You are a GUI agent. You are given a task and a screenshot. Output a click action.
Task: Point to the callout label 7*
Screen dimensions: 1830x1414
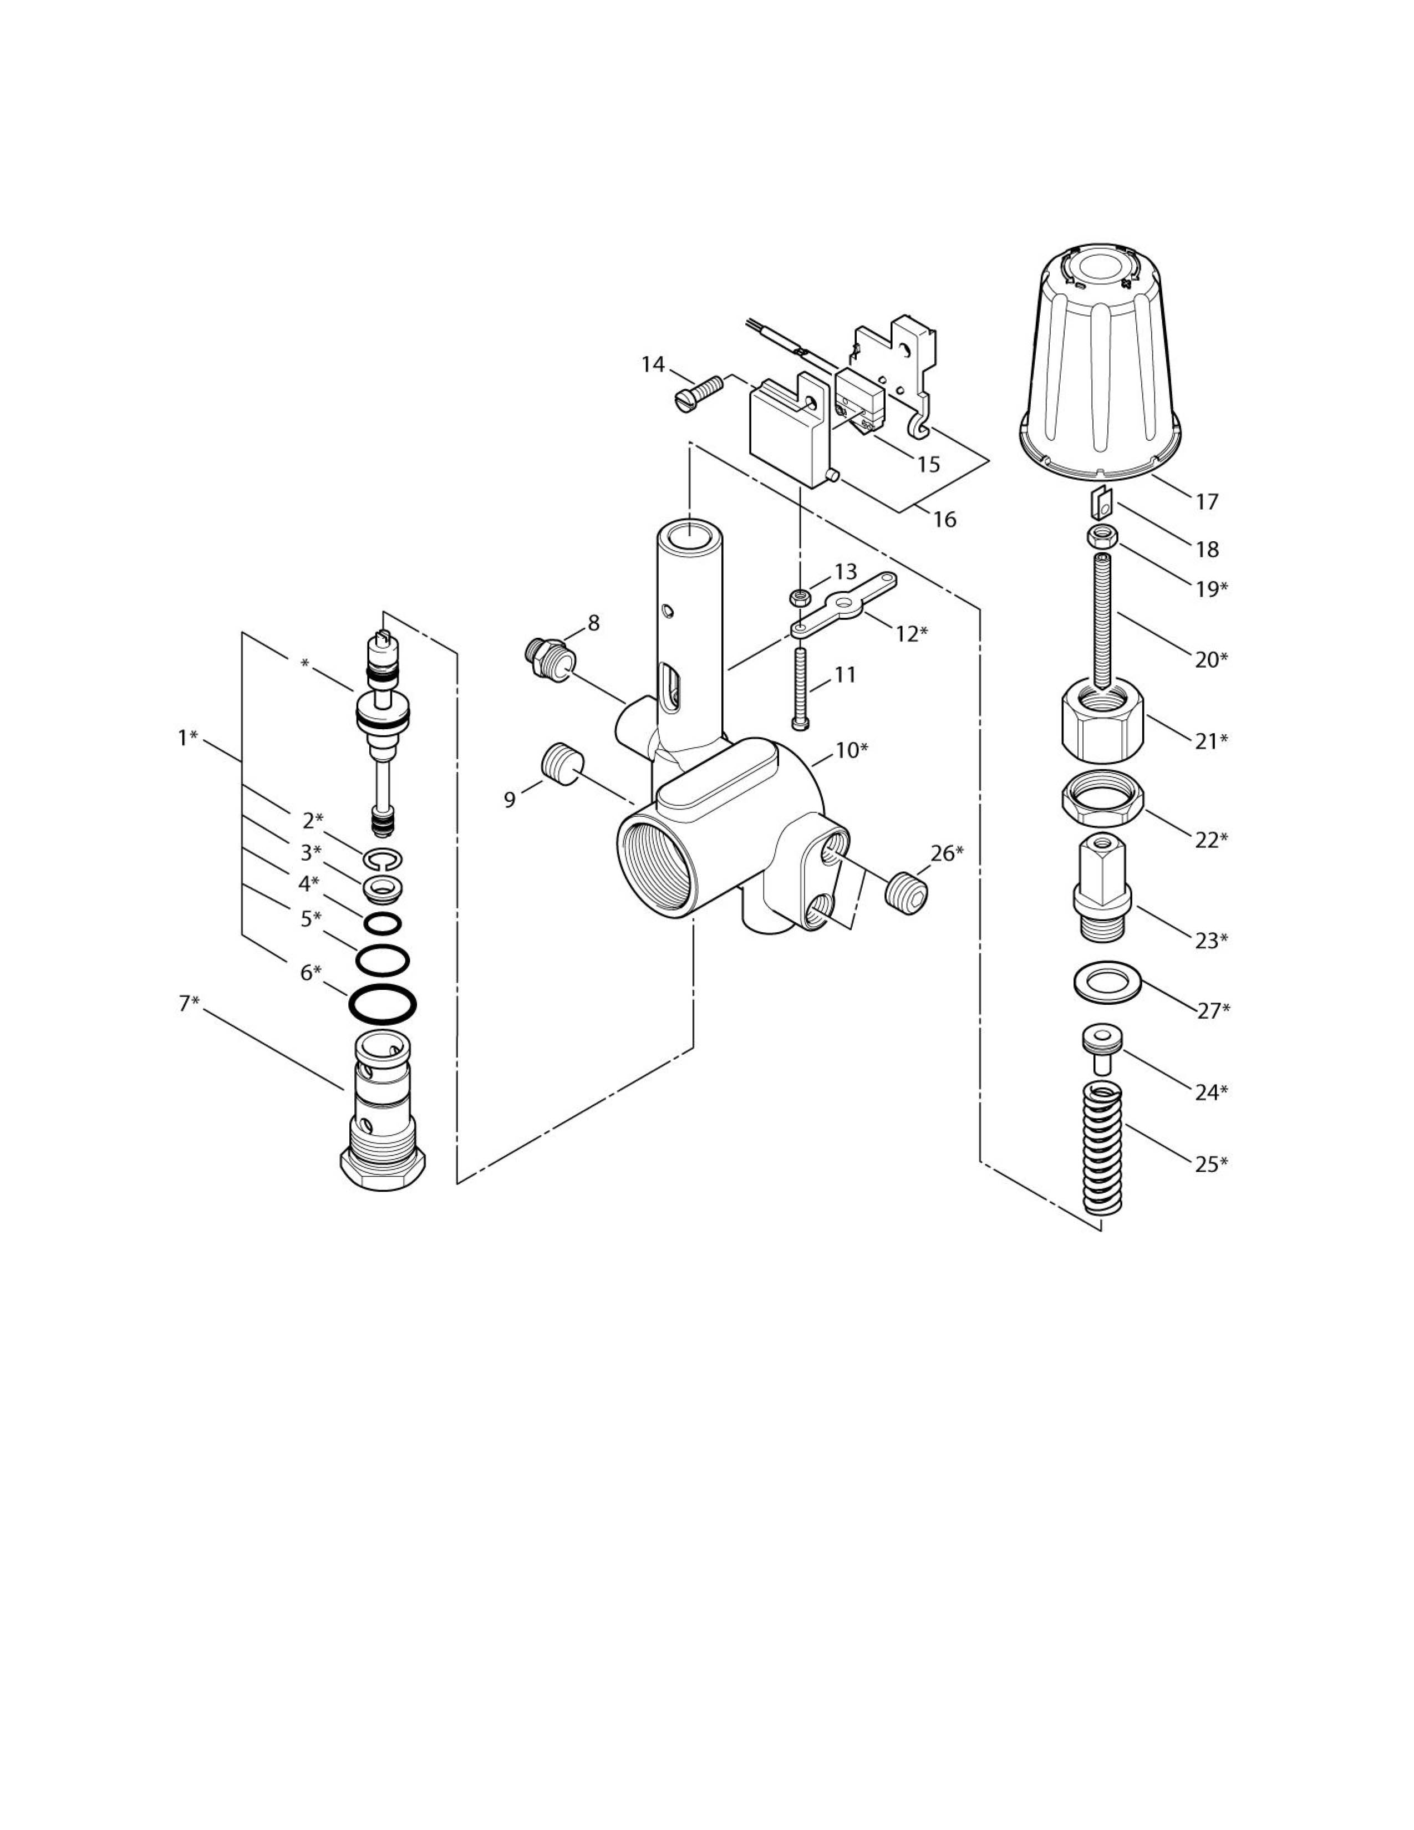pos(189,1003)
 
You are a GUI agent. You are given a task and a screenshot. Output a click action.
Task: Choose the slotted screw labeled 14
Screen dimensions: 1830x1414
pos(698,392)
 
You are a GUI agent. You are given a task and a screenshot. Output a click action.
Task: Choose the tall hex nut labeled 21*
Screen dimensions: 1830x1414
pos(1102,720)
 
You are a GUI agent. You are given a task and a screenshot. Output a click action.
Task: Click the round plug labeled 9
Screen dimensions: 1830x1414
pos(561,762)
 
